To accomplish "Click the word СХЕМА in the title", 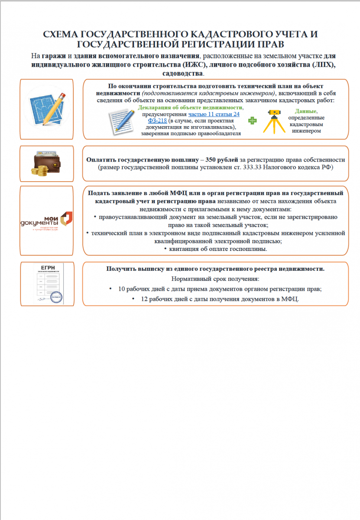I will coord(62,35).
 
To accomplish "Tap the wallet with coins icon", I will coord(46,163).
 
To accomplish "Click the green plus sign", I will coord(252,120).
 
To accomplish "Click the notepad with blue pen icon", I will coord(123,120).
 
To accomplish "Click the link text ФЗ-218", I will coord(157,120).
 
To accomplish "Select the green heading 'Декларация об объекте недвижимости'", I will coord(190,107).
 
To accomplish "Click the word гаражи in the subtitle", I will coord(54,56).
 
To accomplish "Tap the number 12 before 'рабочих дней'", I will coord(144,299).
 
